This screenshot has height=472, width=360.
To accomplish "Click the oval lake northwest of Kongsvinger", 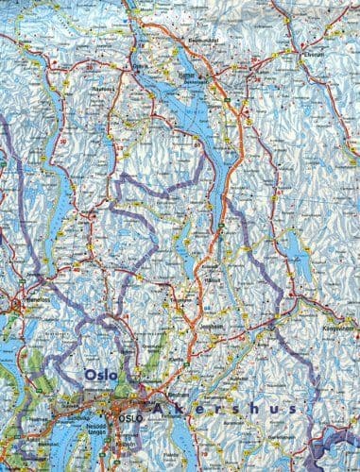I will pos(297,251).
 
